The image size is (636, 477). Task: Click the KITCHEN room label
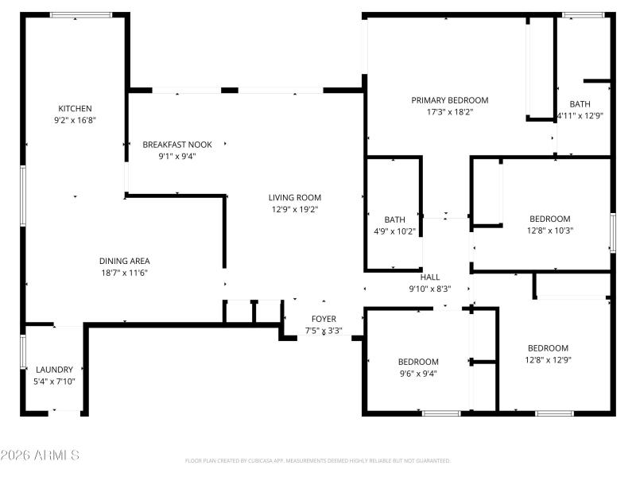[x=75, y=109]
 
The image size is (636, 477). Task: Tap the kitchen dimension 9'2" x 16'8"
[x=75, y=120]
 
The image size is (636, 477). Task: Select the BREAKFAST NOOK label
[x=177, y=145]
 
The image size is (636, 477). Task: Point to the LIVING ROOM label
[x=294, y=198]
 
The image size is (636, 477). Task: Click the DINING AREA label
[x=124, y=261]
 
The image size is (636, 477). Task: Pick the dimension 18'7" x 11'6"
[x=124, y=273]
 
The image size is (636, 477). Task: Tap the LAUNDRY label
[x=55, y=370]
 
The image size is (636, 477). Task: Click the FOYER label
[x=324, y=319]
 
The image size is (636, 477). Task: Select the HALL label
[x=430, y=277]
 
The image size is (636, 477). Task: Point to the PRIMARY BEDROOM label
[x=449, y=100]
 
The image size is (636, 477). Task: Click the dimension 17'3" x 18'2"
[x=449, y=112]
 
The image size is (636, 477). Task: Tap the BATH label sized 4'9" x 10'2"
[x=394, y=220]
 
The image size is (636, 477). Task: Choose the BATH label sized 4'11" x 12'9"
[x=580, y=104]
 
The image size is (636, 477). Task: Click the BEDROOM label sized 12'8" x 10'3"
[x=550, y=219]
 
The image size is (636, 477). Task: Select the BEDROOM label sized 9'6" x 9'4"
[x=418, y=362]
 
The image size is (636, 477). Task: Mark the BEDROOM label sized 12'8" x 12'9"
[x=549, y=348]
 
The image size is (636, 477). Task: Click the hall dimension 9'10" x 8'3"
[x=430, y=289]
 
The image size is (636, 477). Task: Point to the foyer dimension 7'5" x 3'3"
[x=324, y=331]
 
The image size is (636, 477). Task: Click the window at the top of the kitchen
[x=80, y=14]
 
